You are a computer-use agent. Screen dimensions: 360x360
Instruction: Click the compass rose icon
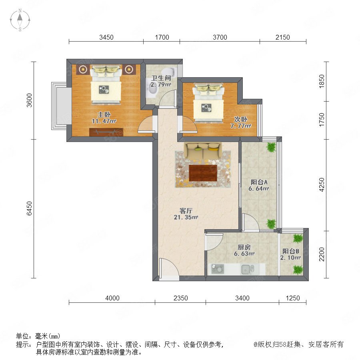[20, 20]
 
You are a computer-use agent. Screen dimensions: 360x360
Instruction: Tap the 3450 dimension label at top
[106, 37]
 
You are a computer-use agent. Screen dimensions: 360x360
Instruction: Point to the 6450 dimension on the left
[29, 208]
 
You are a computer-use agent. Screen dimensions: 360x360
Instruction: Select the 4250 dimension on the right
[322, 184]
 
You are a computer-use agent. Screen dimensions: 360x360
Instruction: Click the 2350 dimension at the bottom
[181, 298]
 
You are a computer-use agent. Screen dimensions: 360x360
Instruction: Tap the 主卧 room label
[104, 114]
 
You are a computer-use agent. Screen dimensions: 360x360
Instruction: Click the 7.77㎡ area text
[241, 126]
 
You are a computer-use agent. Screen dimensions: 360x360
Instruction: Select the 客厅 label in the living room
[186, 210]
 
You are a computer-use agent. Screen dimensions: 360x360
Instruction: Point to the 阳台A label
[259, 182]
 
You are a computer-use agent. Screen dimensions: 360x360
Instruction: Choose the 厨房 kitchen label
[244, 247]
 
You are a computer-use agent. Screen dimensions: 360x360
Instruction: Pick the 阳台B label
[291, 251]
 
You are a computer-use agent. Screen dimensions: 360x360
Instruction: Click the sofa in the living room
[203, 151]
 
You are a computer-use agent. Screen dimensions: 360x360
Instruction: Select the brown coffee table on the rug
[203, 173]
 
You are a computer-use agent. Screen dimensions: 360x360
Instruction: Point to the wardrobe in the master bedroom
[106, 132]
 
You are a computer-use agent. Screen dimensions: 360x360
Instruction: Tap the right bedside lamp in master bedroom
[129, 69]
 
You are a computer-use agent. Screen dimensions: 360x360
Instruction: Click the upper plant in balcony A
[271, 147]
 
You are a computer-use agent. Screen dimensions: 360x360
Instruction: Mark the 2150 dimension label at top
[283, 37]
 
